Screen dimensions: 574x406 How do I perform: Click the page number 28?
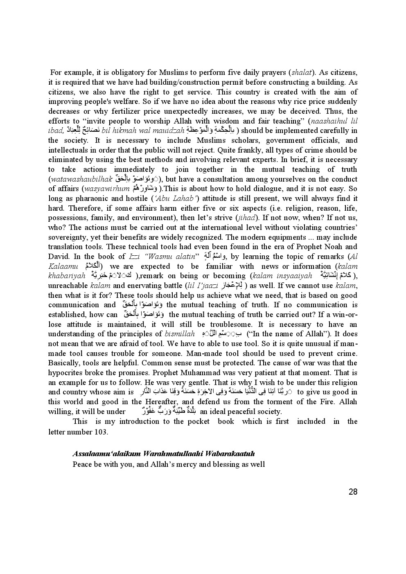tap(353, 492)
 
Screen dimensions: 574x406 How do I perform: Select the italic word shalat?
tap(301, 72)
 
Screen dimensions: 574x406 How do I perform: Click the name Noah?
tap(326, 247)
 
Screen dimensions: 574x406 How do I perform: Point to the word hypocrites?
tap(67, 373)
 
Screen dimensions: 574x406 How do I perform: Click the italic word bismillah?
tap(180, 334)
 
